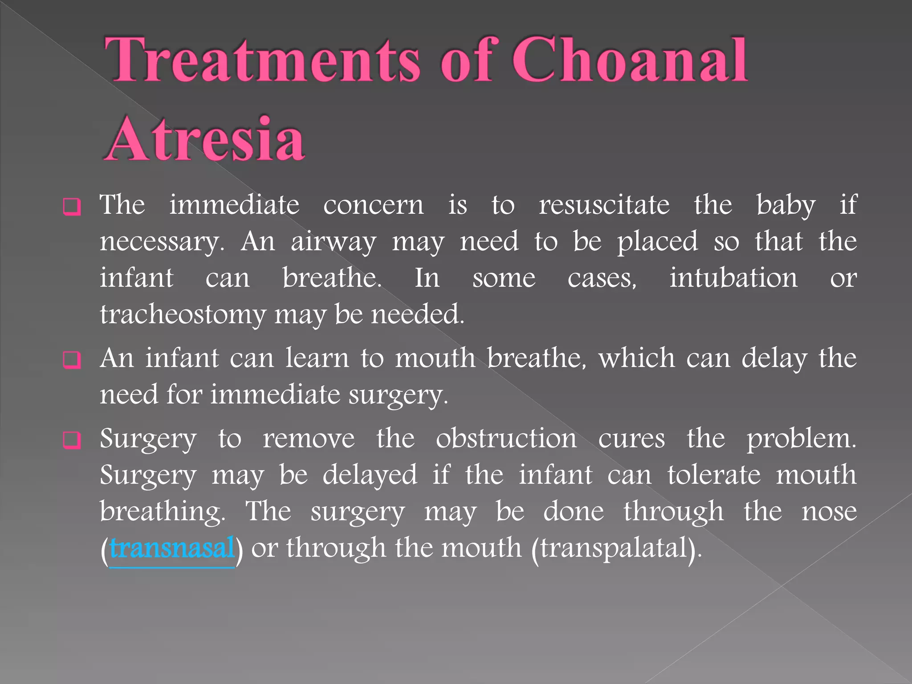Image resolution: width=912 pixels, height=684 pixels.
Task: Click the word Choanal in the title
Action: pyautogui.click(x=630, y=60)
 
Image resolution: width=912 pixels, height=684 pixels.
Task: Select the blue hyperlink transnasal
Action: pyautogui.click(x=172, y=548)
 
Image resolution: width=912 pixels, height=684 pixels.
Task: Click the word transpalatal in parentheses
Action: pyautogui.click(x=615, y=548)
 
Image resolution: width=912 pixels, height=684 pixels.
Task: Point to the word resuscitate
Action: pyautogui.click(x=604, y=205)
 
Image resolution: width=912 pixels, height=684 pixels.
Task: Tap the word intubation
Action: pyautogui.click(x=733, y=278)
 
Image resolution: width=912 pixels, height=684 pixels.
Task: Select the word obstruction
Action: pyautogui.click(x=506, y=439)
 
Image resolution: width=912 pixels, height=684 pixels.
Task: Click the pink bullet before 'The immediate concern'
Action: pyautogui.click(x=72, y=207)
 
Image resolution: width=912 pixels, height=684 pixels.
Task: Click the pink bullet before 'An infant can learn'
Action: pyautogui.click(x=72, y=359)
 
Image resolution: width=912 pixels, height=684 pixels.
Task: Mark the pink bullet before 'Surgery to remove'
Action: pyautogui.click(x=72, y=440)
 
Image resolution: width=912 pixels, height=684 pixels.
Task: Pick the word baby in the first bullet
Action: pyautogui.click(x=786, y=206)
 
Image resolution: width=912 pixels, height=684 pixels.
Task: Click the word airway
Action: pyautogui.click(x=334, y=242)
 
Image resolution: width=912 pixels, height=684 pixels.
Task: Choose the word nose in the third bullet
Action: pyautogui.click(x=829, y=511)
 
